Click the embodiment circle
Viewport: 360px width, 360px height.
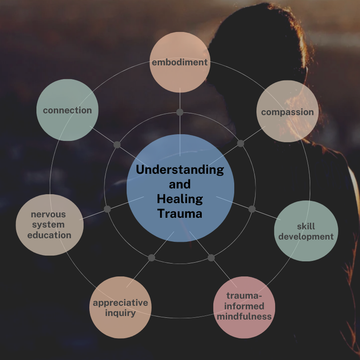pyautogui.click(x=180, y=62)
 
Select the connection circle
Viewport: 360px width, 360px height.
pyautogui.click(x=67, y=110)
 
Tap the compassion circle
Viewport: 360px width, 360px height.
pyautogui.click(x=288, y=112)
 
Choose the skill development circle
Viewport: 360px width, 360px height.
pyautogui.click(x=306, y=231)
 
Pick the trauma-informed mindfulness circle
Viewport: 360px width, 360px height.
pyautogui.click(x=244, y=307)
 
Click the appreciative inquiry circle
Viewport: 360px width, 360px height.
pyautogui.click(x=120, y=307)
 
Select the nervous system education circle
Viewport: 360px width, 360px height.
pyautogui.click(x=49, y=225)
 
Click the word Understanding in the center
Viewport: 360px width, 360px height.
pyautogui.click(x=180, y=169)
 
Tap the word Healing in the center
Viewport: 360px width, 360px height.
pyautogui.click(x=180, y=199)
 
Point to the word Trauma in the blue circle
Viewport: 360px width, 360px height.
pyautogui.click(x=180, y=213)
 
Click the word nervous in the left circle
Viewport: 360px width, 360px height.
pyautogui.click(x=48, y=214)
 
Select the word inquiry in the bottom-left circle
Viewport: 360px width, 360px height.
pyautogui.click(x=120, y=312)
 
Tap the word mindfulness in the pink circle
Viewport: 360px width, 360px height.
pyautogui.click(x=244, y=316)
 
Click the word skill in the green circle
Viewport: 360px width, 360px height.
pyautogui.click(x=306, y=226)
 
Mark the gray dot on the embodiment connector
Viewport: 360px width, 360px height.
pyautogui.click(x=180, y=112)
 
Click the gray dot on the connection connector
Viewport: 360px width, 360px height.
pyautogui.click(x=117, y=144)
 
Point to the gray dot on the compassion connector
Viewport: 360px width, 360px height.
pyautogui.click(x=240, y=143)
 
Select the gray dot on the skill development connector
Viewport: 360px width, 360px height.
pyautogui.click(x=252, y=209)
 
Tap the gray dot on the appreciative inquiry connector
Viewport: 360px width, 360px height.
pyautogui.click(x=152, y=258)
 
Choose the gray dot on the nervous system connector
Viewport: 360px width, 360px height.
pyautogui.click(x=107, y=209)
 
